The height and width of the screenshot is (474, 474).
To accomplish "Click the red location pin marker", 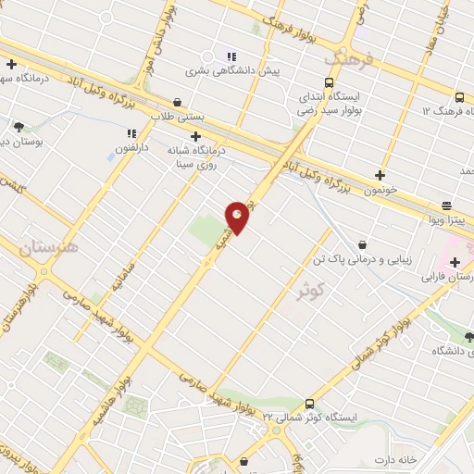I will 238,218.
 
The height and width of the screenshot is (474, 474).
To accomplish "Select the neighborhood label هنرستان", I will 49,247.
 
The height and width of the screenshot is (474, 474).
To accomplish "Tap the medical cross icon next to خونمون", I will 380,174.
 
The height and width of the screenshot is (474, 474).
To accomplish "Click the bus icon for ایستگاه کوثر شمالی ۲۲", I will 308,404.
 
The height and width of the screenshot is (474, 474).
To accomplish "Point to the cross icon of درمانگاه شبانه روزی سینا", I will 196,136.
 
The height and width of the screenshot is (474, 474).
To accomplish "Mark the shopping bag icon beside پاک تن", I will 361,244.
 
